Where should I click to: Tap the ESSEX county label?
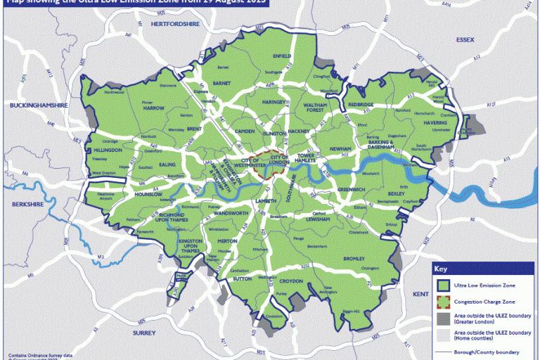coord(466,41)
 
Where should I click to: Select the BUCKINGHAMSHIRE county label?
coord(37,105)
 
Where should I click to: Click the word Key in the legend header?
coord(441,269)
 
